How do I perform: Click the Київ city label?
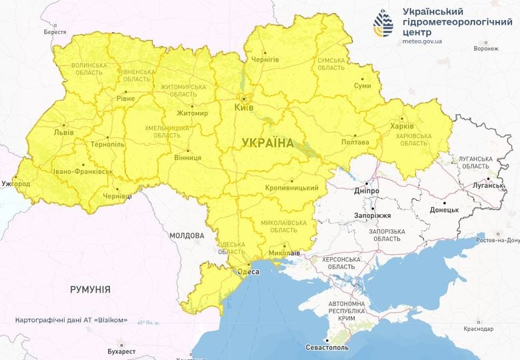coord(244,107)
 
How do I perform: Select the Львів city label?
coord(65,132)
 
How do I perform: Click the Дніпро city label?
coord(367,191)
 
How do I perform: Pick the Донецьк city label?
coord(444,209)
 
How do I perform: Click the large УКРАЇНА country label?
coord(267,143)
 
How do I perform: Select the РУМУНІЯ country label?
coord(90,289)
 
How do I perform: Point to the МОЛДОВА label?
coord(187,235)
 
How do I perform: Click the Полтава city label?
coord(355,142)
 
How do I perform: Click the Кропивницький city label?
coord(292,188)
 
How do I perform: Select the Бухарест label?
coord(121,351)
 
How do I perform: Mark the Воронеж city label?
coord(485,49)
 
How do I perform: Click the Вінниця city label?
coord(188,157)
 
